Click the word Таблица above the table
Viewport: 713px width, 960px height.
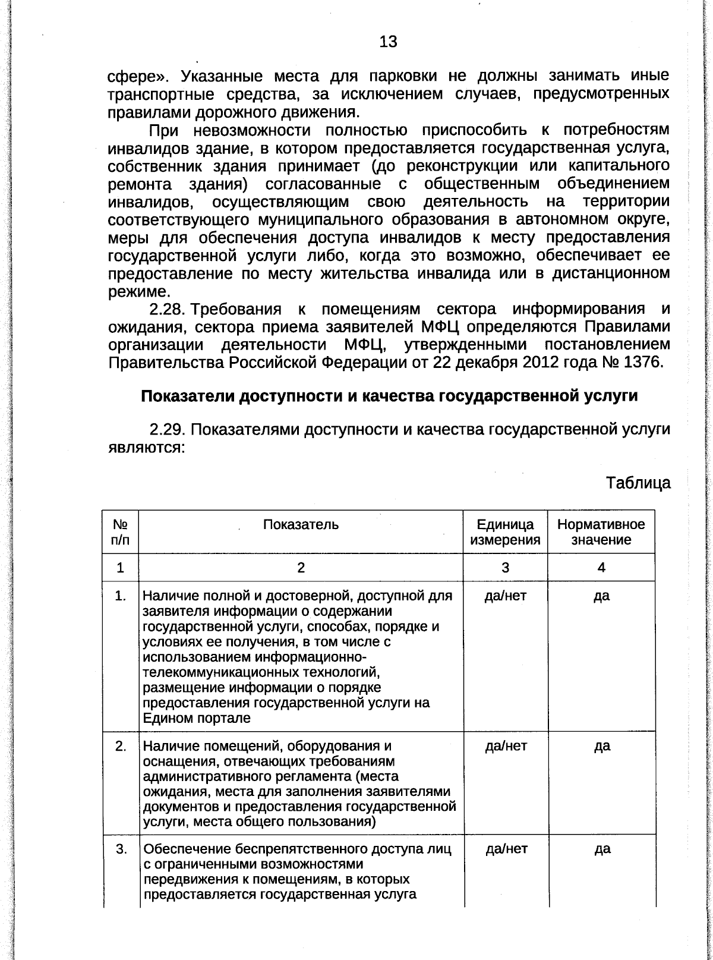(638, 483)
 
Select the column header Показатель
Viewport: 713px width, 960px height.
(301, 524)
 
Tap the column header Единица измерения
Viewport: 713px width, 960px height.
(505, 532)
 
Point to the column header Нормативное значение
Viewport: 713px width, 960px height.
(601, 532)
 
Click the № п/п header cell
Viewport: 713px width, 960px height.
(121, 532)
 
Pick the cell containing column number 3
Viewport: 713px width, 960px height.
(505, 568)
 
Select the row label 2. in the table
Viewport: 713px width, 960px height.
(121, 746)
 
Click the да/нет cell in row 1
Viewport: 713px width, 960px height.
(505, 596)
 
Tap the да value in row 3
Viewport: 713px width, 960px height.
(602, 849)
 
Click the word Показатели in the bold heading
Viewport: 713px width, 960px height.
(188, 396)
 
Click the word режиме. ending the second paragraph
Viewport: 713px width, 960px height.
(139, 291)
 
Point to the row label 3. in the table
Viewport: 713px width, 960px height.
(121, 849)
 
